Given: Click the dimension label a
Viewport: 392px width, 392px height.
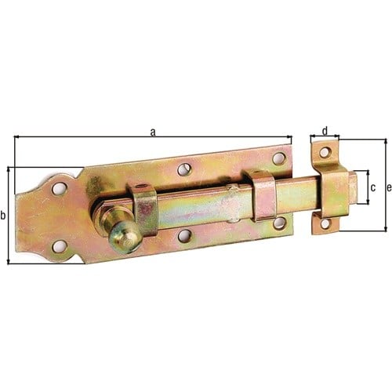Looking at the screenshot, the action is pyautogui.click(x=153, y=132).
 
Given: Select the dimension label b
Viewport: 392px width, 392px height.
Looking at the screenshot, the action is pyautogui.click(x=3, y=216).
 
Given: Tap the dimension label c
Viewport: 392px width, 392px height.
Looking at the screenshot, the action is pyautogui.click(x=373, y=187).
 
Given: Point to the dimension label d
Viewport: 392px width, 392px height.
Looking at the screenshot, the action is pyautogui.click(x=325, y=132).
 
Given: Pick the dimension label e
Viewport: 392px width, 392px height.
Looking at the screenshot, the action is pyautogui.click(x=389, y=187).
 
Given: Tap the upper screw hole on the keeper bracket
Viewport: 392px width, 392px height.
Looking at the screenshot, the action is pyautogui.click(x=325, y=152).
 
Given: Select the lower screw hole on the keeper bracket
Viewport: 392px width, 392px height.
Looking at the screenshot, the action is pyautogui.click(x=325, y=224).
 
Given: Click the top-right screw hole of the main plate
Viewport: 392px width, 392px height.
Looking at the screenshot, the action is pyautogui.click(x=279, y=158).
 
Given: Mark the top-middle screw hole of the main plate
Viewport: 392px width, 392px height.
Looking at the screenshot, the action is pyautogui.click(x=184, y=169).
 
